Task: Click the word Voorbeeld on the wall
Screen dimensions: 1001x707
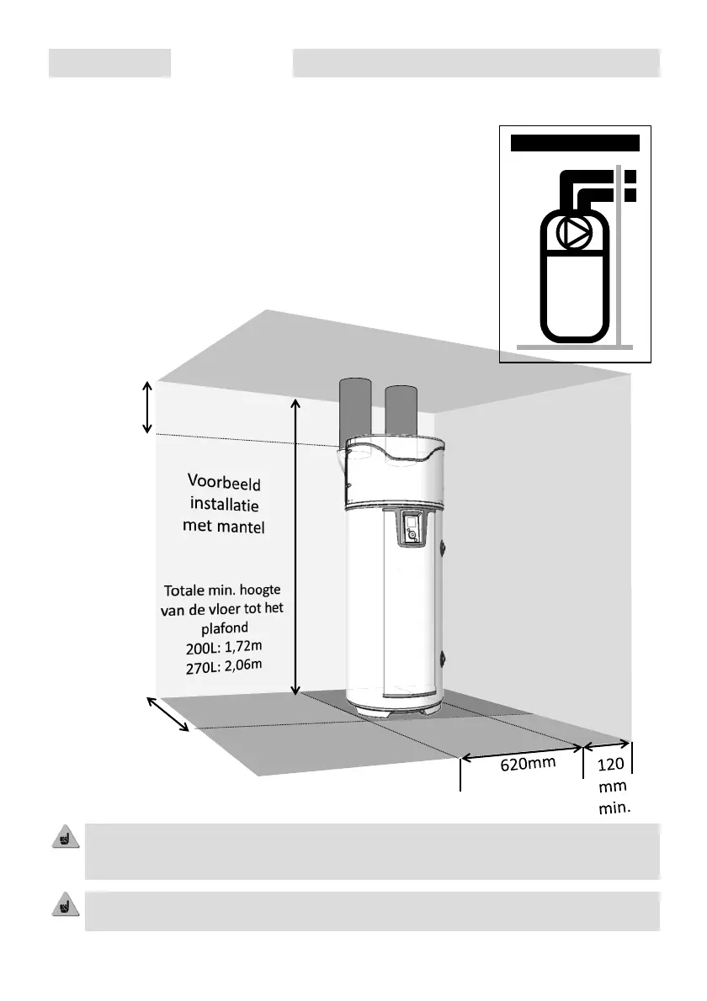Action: click(225, 484)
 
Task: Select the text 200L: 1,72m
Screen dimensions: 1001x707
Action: click(224, 648)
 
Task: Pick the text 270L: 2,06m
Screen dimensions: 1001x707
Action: click(224, 666)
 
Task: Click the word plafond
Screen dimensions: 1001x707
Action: click(223, 628)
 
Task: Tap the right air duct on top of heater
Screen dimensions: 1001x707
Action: click(401, 414)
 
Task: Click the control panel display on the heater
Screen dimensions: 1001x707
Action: click(410, 528)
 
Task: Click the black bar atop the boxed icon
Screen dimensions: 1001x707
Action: click(575, 143)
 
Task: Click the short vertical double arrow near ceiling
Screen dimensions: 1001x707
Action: click(147, 408)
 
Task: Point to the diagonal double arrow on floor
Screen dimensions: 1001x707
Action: click(169, 714)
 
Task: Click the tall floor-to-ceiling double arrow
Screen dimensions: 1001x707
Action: click(295, 547)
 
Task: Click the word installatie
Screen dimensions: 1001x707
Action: click(224, 506)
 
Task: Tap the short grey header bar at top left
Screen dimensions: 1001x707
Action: click(109, 63)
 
